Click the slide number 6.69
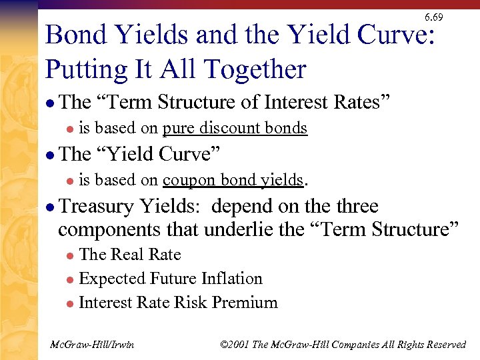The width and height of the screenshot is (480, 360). [x=433, y=17]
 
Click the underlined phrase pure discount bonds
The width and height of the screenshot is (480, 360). [x=235, y=128]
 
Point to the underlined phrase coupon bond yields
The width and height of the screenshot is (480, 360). [x=233, y=180]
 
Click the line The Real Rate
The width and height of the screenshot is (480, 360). [x=130, y=255]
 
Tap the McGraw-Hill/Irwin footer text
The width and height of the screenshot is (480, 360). [x=93, y=345]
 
